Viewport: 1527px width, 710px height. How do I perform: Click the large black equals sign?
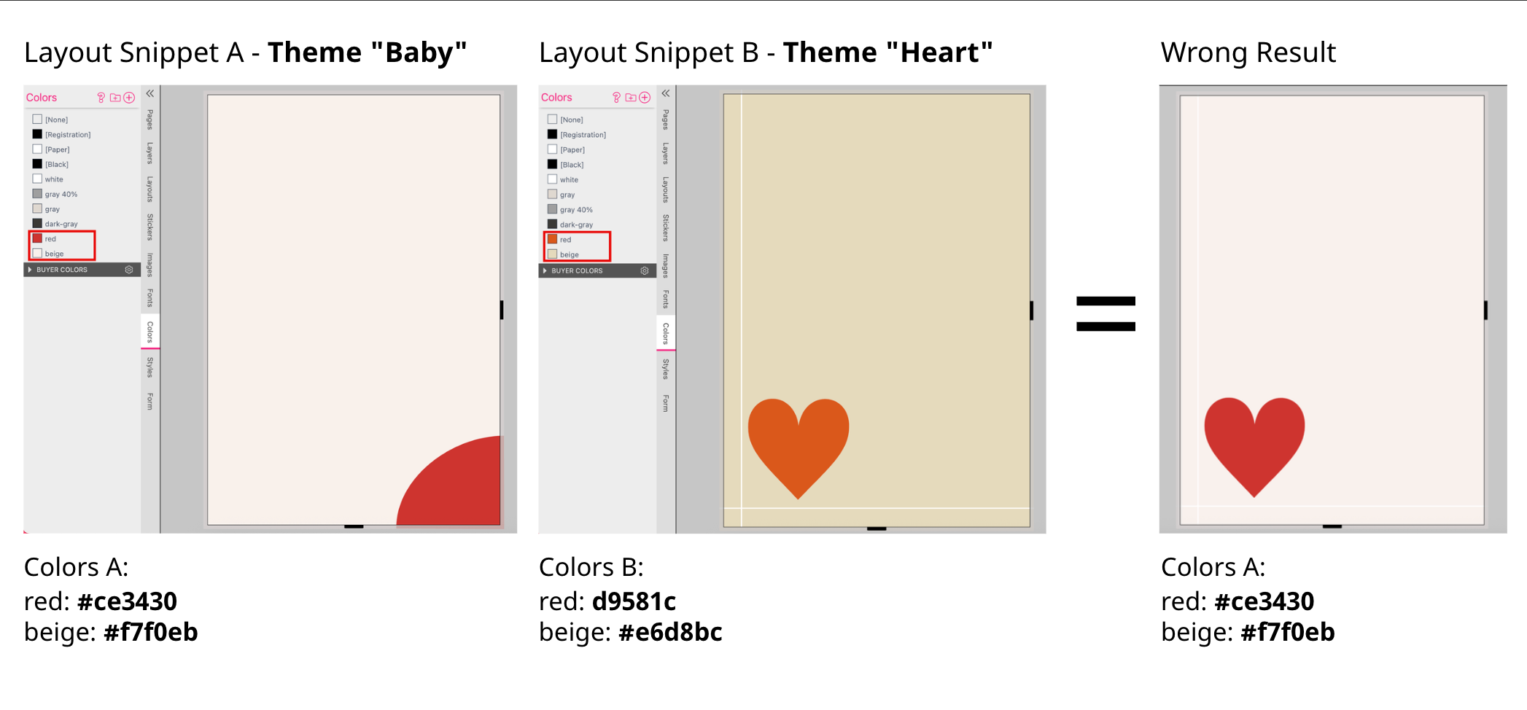click(1106, 313)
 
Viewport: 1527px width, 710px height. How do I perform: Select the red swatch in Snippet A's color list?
click(37, 238)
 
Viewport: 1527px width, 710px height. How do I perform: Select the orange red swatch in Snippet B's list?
click(552, 239)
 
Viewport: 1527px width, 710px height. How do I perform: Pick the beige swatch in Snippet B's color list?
click(552, 254)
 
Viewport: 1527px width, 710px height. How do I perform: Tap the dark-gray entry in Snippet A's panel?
click(61, 224)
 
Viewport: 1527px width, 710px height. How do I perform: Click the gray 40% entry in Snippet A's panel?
click(61, 194)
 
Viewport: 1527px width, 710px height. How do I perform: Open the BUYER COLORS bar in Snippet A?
click(80, 270)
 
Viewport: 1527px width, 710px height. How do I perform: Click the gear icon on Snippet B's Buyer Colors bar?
click(645, 270)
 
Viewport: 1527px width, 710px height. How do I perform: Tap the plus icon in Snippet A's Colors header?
click(129, 98)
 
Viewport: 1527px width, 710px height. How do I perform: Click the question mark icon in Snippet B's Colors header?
click(616, 98)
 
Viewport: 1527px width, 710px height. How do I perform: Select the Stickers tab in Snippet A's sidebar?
click(150, 227)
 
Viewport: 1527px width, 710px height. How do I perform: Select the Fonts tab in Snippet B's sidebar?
click(666, 299)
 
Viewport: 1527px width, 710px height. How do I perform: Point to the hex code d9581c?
click(634, 601)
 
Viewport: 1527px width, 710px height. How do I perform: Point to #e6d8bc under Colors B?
click(670, 632)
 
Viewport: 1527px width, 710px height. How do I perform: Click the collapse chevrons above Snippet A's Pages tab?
click(150, 93)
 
